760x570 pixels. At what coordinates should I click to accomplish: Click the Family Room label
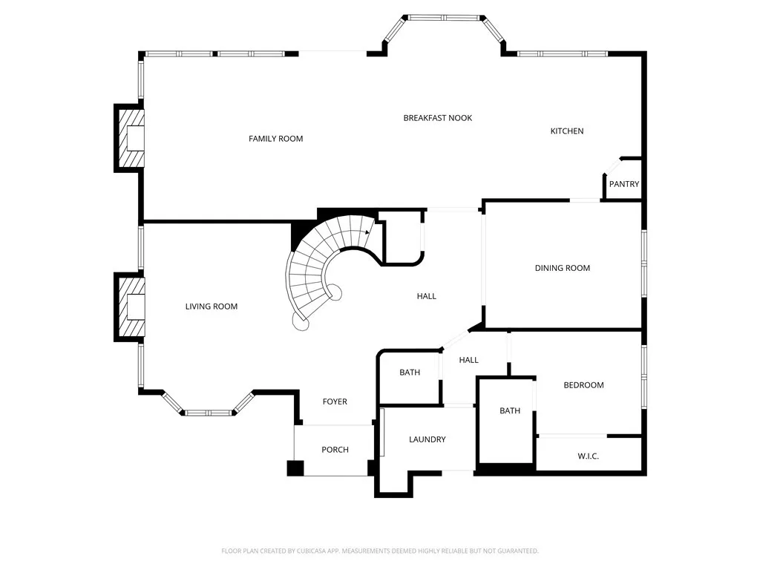[275, 139]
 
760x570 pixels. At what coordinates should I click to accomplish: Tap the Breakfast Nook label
[437, 118]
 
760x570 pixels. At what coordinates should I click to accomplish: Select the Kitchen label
[566, 131]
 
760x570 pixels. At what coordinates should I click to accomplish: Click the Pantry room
[623, 184]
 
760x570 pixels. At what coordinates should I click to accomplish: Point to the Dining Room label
[562, 268]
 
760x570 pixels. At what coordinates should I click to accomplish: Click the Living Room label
[212, 307]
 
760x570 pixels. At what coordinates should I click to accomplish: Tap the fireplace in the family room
[131, 138]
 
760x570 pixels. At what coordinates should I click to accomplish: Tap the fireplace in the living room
[131, 307]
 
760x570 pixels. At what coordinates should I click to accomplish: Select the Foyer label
[335, 402]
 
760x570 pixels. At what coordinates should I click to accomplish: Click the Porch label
[335, 450]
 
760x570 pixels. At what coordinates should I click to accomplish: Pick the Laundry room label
[427, 439]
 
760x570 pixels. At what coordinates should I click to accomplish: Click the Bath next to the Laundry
[410, 373]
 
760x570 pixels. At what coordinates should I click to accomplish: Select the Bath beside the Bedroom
[510, 410]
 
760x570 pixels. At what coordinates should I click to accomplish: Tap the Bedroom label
[583, 385]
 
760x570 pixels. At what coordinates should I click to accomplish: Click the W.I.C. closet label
[588, 456]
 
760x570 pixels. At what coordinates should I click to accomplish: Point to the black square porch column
[295, 468]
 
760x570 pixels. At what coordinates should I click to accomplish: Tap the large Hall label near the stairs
[426, 296]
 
